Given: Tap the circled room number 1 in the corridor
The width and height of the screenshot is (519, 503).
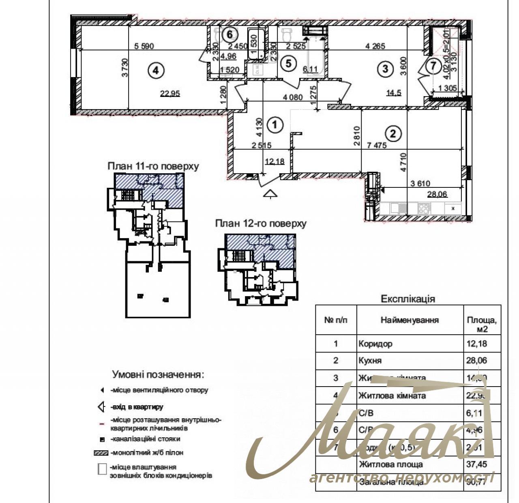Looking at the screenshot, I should coord(275,125).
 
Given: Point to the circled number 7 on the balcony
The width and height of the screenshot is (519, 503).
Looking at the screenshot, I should coord(433,65).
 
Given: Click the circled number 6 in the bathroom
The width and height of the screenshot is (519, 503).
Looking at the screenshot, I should coord(229,34).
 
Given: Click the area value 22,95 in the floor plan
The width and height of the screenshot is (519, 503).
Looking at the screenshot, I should coord(170,94).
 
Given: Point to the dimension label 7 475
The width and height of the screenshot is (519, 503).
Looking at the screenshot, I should coord(377,145).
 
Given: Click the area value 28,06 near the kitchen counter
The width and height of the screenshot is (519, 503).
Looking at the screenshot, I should coord(437,194).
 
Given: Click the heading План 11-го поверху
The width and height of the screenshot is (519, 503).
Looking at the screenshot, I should coord(153,166).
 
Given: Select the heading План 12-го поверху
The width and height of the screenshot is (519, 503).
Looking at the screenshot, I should coord(261,224).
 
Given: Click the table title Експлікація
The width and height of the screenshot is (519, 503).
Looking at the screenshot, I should coord(407,299).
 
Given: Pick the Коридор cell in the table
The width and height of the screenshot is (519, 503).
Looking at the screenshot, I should coord(375,344).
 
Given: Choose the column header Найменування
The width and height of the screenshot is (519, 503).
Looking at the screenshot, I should coord(410,320).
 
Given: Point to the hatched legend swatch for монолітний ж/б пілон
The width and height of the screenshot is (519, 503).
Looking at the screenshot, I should coord(101,453).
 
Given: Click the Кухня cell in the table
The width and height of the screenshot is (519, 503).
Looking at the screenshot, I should coord(370,361).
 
